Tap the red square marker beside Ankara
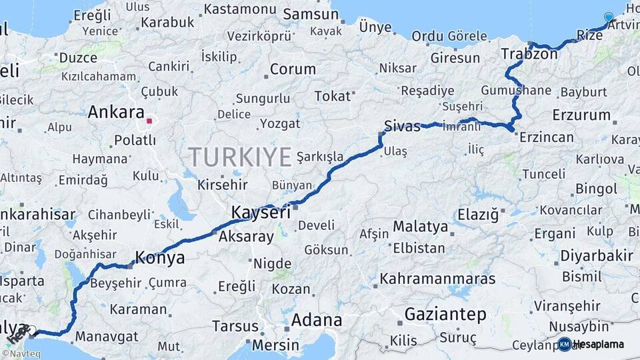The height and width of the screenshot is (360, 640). (x=150, y=121)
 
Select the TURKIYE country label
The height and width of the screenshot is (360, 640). (x=240, y=157)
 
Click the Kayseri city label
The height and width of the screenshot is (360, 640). (x=261, y=213)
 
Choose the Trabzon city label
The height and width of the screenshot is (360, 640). (x=529, y=54)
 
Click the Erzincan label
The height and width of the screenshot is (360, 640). (x=547, y=137)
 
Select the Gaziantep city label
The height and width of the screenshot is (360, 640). (x=445, y=314)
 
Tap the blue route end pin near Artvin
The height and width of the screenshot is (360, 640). (x=608, y=17)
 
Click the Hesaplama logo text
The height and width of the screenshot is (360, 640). (x=598, y=344)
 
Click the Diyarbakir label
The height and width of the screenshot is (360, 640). (x=596, y=256)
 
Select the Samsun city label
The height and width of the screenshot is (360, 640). (x=310, y=15)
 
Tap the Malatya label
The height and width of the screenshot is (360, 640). (x=420, y=227)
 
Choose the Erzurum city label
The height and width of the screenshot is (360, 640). (x=581, y=115)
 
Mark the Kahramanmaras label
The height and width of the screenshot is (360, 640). (x=437, y=279)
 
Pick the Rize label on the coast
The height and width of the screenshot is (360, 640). (x=589, y=34)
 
